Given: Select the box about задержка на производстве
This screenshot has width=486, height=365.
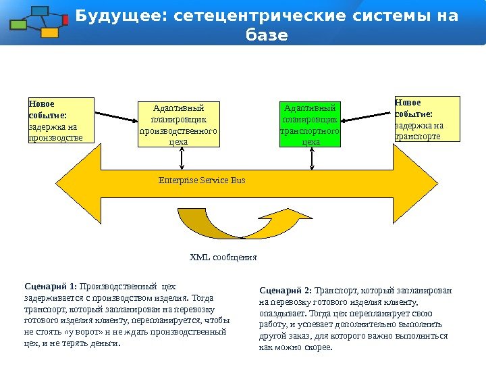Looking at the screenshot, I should (59, 120).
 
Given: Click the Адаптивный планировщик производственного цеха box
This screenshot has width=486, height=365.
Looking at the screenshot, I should (179, 124).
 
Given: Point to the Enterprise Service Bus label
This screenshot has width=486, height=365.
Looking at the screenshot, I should (202, 180).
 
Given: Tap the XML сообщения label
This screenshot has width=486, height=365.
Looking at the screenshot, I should (223, 258).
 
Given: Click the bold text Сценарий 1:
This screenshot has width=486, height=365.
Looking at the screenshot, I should (51, 285).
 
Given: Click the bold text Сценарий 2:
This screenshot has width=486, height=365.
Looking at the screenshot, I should (286, 291).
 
